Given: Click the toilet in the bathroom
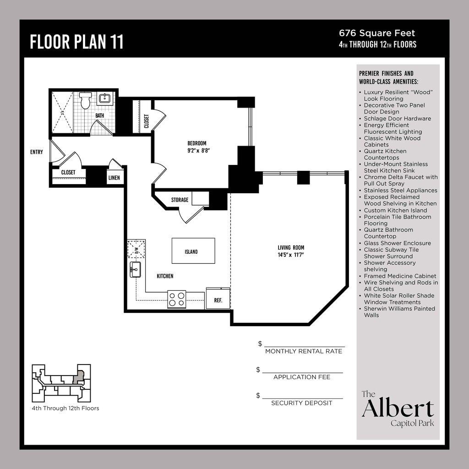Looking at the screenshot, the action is point(85,100).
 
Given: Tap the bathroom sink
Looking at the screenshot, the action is point(105,98).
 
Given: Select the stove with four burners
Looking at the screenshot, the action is point(176,299).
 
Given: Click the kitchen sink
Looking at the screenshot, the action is point(135,269).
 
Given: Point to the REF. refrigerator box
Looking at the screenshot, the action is point(218,298).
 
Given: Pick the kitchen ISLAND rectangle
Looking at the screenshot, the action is point(193,251).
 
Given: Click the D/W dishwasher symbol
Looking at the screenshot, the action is point(136,249).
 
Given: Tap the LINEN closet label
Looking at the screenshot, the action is point(114,178).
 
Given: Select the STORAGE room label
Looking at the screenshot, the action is point(180,200).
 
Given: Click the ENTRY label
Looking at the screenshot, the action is point(37,152).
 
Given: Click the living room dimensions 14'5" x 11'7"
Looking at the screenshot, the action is point(291,255).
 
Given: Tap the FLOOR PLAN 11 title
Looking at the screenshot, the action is point(76,42).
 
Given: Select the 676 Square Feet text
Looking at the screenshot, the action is point(377,33).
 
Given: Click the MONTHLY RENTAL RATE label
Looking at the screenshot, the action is point(304,351).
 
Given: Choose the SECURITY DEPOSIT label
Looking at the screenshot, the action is point(301,403).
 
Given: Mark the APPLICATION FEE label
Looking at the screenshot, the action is point(302,377).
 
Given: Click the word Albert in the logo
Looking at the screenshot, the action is point(398,408).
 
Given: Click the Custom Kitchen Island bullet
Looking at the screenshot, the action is point(395,210).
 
